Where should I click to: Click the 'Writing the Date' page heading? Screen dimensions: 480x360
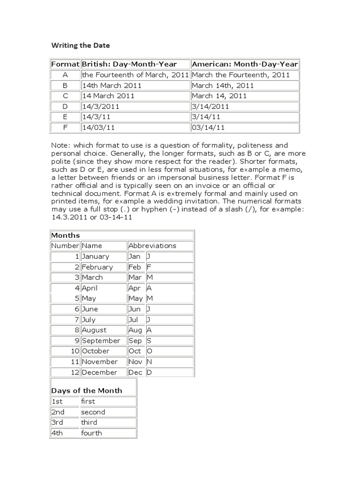(x=80, y=45)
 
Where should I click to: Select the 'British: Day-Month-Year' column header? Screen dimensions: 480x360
(x=135, y=64)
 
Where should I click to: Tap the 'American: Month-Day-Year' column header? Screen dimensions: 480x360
(x=245, y=64)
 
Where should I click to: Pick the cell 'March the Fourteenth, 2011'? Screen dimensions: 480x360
(x=241, y=75)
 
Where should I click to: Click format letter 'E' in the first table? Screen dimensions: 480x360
(x=65, y=117)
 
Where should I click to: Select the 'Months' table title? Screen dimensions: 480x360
(x=66, y=235)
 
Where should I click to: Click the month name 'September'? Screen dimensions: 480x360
(x=101, y=341)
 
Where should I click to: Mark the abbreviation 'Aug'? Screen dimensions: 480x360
(x=135, y=330)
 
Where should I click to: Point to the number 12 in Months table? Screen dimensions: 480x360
(x=75, y=372)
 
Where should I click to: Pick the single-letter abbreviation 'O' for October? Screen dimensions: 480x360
(x=150, y=351)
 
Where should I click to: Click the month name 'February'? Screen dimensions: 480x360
(x=97, y=267)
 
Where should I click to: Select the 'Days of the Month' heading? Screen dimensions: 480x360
(x=87, y=390)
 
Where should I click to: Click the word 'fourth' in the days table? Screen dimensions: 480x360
(x=91, y=433)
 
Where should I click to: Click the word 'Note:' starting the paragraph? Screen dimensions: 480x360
(x=61, y=146)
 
